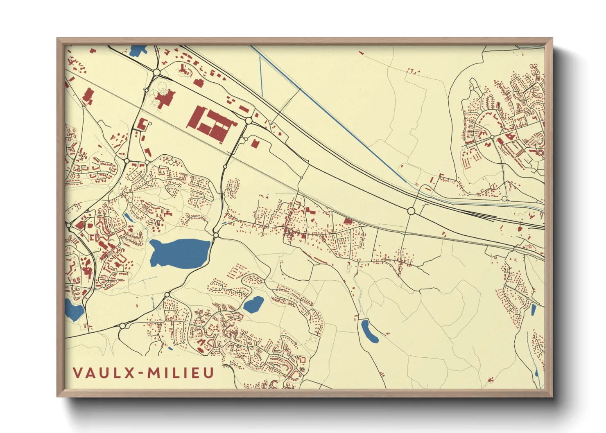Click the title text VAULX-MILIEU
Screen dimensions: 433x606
144,373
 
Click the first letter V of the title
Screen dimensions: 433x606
78,373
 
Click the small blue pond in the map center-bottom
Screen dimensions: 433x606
253,304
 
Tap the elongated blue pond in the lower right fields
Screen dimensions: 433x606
369,331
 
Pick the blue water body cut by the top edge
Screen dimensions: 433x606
138,50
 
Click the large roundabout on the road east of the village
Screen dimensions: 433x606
411,211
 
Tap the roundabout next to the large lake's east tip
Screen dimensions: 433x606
215,235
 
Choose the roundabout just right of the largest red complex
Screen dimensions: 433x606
249,121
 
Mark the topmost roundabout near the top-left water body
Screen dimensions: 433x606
156,72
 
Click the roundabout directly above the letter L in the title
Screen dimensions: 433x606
122,326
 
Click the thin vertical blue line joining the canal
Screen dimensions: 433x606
261,76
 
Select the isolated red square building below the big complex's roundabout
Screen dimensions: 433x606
255,144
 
